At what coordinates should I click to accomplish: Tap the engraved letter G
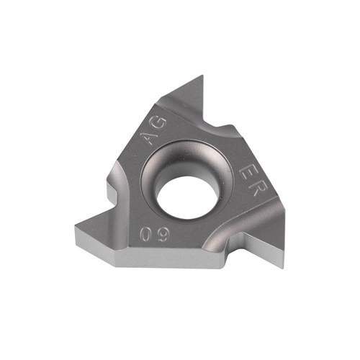click(159, 124)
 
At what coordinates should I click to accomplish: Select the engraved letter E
click(247, 172)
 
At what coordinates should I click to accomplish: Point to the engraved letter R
click(255, 189)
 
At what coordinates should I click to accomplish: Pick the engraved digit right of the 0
click(163, 233)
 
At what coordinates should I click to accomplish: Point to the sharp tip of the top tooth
click(203, 76)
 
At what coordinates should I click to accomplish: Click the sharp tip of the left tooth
click(76, 225)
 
